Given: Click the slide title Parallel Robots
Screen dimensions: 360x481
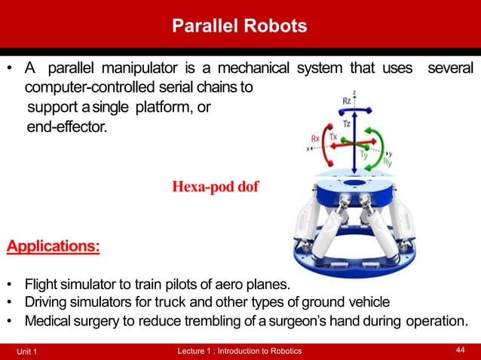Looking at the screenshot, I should click(x=240, y=26).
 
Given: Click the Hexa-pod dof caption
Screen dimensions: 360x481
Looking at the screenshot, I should click(x=215, y=187).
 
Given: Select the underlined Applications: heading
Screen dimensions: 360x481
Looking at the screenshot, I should click(x=53, y=246).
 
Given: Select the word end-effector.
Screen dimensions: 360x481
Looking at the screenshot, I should click(x=67, y=127).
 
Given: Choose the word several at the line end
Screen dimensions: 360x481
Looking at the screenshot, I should click(x=450, y=69).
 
